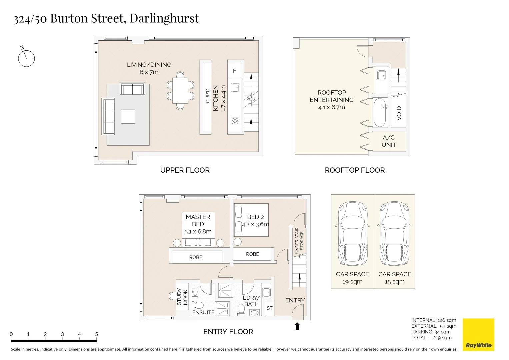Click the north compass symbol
click(x=26, y=58)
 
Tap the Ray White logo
click(x=479, y=335)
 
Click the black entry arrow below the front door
click(x=297, y=326)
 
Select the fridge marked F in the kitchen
click(x=234, y=71)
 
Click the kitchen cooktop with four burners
click(x=235, y=121)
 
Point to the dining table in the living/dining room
click(x=180, y=90)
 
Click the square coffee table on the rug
click(x=128, y=117)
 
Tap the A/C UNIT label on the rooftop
click(x=389, y=141)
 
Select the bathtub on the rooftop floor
click(x=381, y=112)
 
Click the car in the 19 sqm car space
click(x=352, y=233)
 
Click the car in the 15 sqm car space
click(x=394, y=233)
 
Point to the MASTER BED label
click(x=198, y=220)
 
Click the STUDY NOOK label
click(x=182, y=297)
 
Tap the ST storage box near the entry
click(x=269, y=308)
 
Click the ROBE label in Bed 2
click(x=252, y=254)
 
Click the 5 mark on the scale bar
click(x=96, y=334)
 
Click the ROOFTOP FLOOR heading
click(x=354, y=170)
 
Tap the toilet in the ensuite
click(x=199, y=305)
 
